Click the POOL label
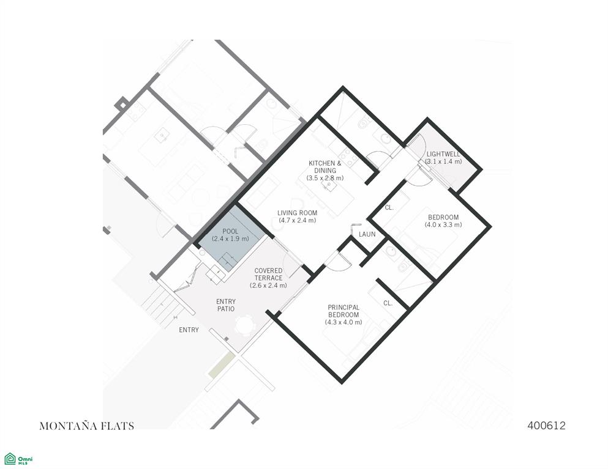click(230, 231)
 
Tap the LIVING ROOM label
click(298, 213)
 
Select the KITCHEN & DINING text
click(325, 167)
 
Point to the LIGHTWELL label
click(443, 154)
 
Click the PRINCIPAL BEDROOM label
click(343, 311)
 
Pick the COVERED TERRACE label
click(268, 274)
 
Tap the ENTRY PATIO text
click(226, 305)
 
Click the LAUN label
click(367, 234)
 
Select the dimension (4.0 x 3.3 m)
click(443, 224)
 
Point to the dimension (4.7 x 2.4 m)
click(298, 220)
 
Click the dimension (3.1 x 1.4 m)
click(443, 161)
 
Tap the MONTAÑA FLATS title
click(87, 426)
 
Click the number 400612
click(546, 426)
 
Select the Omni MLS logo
click(18, 459)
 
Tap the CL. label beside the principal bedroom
click(388, 303)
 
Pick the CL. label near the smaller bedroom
click(389, 207)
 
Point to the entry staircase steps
click(162, 306)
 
